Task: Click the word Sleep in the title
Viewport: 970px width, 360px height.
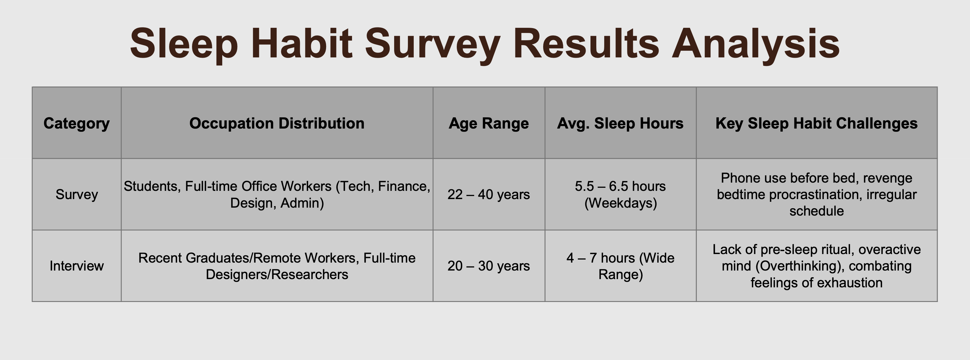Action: (184, 45)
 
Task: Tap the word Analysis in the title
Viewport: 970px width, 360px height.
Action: (756, 45)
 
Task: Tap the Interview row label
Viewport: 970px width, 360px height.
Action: (76, 266)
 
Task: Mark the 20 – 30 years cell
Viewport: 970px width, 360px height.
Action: (489, 266)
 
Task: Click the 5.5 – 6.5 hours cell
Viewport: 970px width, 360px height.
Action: (620, 186)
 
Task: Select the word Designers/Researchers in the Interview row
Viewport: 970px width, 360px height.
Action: (277, 275)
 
